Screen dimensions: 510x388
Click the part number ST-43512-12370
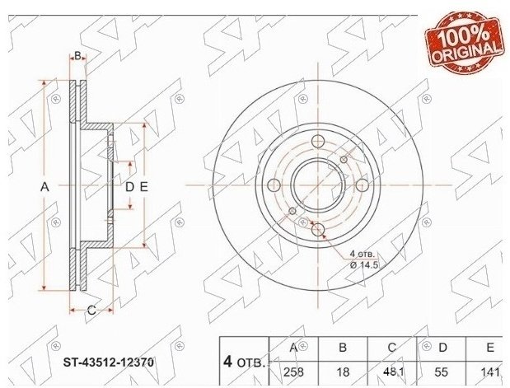pos(108,362)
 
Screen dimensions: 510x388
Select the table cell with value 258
pos(293,372)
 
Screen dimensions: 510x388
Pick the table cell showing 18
pos(343,372)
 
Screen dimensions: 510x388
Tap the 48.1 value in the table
pos(392,372)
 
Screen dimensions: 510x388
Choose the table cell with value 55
pos(442,372)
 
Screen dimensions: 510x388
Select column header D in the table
pos(442,348)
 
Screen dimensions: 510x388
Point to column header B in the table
pos(343,348)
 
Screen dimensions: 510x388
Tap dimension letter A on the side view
pos(44,187)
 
